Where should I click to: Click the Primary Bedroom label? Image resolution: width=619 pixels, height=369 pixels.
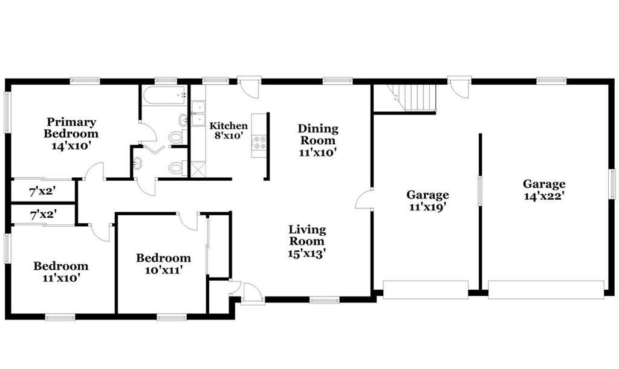71,134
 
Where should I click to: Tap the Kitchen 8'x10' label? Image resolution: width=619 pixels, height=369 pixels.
228,131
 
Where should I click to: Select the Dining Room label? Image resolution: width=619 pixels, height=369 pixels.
318,140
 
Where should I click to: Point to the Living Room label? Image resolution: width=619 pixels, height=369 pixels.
306,241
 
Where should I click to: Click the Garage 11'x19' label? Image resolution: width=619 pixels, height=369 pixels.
427,201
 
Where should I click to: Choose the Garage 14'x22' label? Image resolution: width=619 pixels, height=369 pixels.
544,189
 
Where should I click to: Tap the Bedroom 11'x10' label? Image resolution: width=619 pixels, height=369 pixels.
61,272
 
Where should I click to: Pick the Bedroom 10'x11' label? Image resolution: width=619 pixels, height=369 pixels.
163,264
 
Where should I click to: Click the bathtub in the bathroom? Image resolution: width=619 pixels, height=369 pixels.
164,95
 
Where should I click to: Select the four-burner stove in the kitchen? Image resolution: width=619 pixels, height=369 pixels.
259,143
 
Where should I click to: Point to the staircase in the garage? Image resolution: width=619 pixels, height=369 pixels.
412,97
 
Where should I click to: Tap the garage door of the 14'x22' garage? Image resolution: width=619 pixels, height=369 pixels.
546,290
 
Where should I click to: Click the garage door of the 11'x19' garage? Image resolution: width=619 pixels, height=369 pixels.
426,290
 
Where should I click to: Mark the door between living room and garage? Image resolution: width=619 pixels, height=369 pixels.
365,199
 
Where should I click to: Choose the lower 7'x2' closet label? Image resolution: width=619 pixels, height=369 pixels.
44,215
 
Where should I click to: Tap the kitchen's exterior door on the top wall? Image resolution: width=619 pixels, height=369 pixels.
248,88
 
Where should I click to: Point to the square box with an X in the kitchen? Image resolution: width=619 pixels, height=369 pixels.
198,169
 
